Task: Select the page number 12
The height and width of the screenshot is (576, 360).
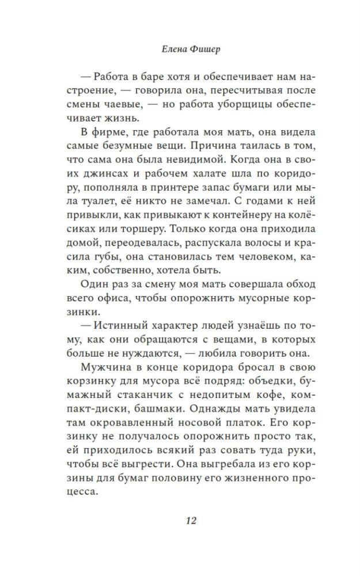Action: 191,521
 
